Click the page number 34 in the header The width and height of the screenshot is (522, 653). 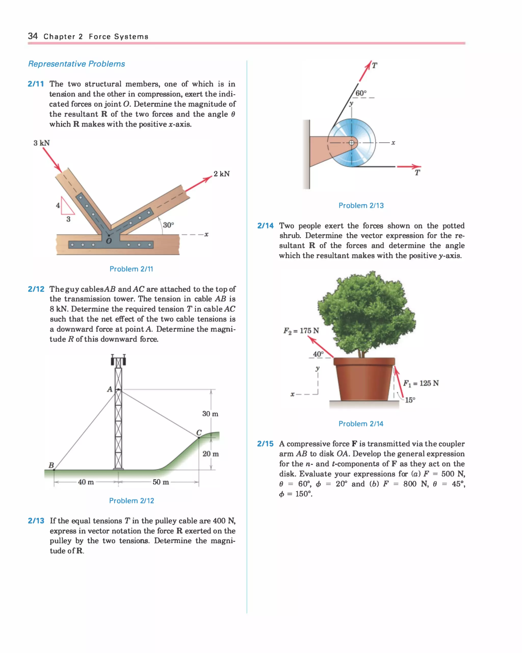click(x=33, y=36)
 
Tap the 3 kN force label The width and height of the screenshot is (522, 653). click(x=42, y=143)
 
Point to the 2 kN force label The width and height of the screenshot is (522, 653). click(x=221, y=174)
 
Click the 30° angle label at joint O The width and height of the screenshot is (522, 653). click(x=168, y=225)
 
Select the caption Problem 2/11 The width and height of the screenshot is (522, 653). click(x=131, y=269)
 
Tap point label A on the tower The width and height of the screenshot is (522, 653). click(x=110, y=389)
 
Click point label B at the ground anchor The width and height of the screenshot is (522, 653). click(x=51, y=465)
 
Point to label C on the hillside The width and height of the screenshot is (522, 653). click(x=199, y=432)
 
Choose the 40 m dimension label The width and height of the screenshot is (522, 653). click(x=86, y=482)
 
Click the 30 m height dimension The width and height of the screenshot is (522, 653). click(x=210, y=414)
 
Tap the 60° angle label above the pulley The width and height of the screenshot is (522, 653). click(x=361, y=93)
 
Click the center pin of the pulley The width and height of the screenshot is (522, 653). click(x=351, y=143)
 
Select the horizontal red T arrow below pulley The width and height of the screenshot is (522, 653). click(x=409, y=166)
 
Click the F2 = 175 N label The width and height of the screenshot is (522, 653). click(x=301, y=331)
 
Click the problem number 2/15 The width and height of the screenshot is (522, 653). click(x=265, y=444)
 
